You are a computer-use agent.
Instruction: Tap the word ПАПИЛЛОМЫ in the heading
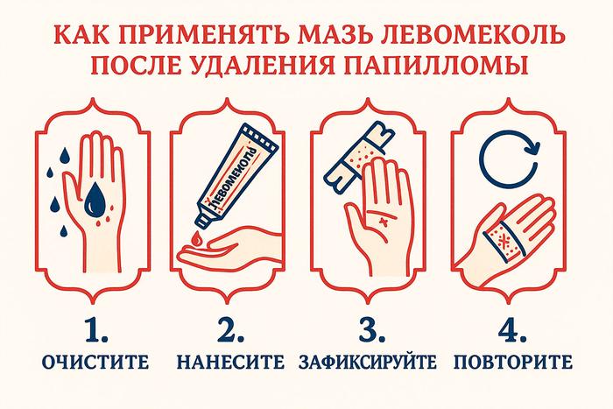(437, 64)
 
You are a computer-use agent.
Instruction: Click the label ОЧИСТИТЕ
(95, 362)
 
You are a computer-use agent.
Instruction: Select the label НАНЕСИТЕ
(230, 362)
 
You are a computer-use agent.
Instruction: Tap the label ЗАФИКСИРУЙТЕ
(368, 362)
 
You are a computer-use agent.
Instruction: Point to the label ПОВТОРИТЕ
(513, 362)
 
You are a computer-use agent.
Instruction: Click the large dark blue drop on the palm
(95, 201)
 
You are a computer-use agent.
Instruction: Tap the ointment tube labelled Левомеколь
(236, 177)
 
